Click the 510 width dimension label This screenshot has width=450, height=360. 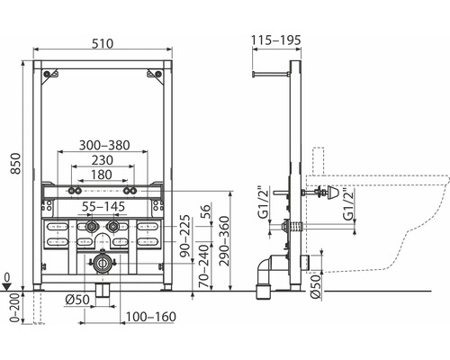[x=103, y=43]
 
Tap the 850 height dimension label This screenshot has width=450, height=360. [x=15, y=164]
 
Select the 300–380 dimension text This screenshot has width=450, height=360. [x=104, y=145]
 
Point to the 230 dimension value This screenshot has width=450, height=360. [x=103, y=160]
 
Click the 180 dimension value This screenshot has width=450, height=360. [x=102, y=175]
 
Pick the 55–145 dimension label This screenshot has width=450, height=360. [x=103, y=206]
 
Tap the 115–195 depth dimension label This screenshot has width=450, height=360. [x=276, y=40]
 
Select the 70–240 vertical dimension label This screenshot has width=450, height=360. [x=204, y=266]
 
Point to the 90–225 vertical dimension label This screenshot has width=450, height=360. [x=185, y=236]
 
